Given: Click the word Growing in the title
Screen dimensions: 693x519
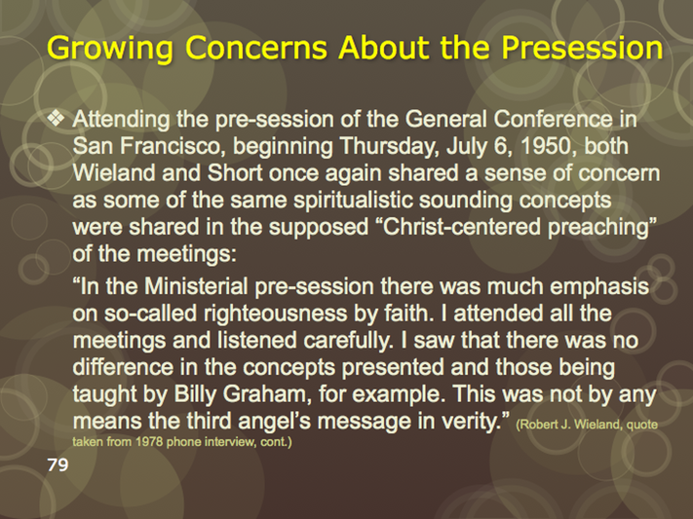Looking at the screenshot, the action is [110, 48].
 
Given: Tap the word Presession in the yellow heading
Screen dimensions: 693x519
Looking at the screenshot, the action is [582, 48].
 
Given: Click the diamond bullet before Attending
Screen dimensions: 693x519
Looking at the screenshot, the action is [56, 118].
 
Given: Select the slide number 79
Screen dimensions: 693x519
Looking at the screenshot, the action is [58, 464].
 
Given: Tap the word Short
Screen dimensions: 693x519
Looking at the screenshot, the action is [235, 172].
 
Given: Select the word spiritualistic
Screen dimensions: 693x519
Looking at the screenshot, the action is [353, 201].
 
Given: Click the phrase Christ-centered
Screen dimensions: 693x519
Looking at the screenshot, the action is [462, 227].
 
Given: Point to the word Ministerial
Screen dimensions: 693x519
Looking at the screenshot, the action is [196, 286].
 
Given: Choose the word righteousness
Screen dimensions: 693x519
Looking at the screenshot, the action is [275, 315].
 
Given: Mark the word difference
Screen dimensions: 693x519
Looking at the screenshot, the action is [123, 367].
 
